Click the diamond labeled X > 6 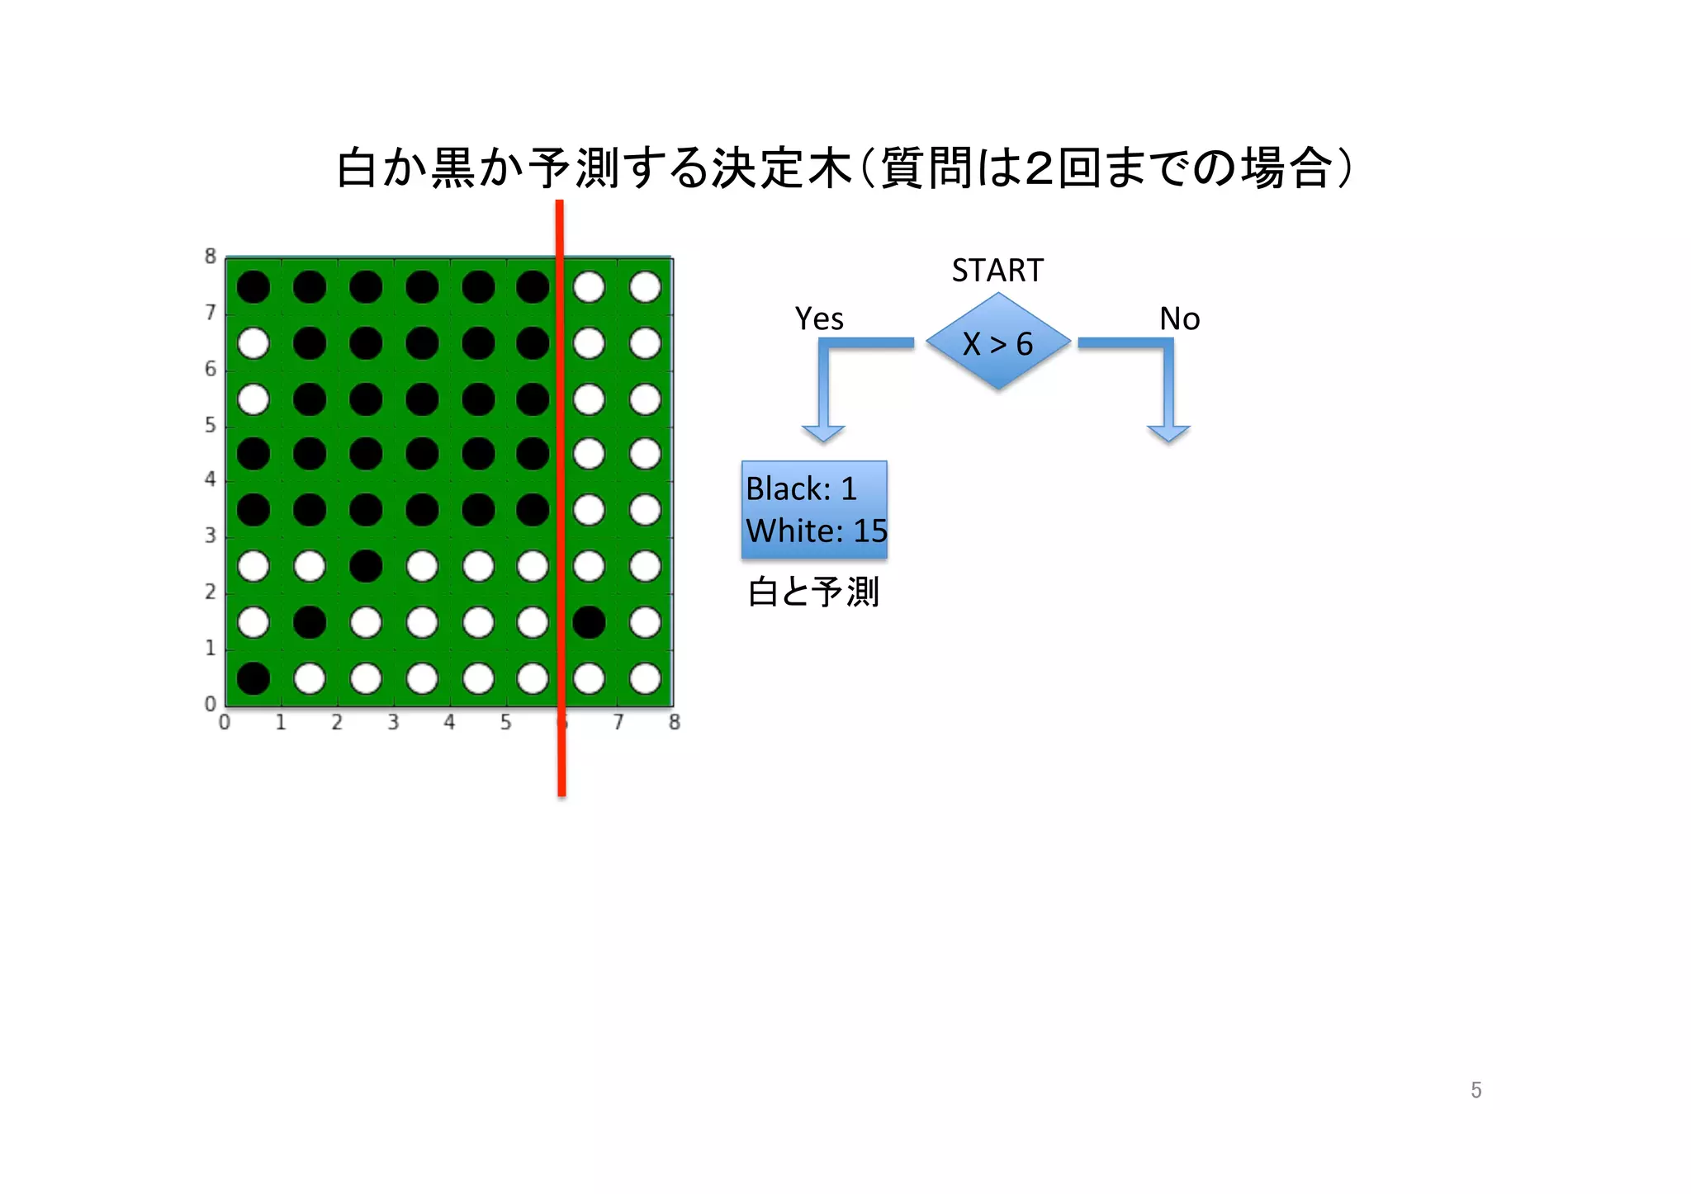998,342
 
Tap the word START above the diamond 997,271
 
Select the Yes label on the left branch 818,319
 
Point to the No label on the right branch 1179,319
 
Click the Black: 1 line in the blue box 801,488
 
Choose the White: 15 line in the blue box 816,531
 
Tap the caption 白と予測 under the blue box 813,592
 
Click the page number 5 1476,1090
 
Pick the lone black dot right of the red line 589,622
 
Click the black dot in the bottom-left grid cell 253,678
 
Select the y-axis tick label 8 211,257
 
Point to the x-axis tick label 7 618,723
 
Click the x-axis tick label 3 393,723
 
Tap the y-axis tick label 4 211,479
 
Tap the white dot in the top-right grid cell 645,287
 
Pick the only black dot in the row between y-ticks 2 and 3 366,566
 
